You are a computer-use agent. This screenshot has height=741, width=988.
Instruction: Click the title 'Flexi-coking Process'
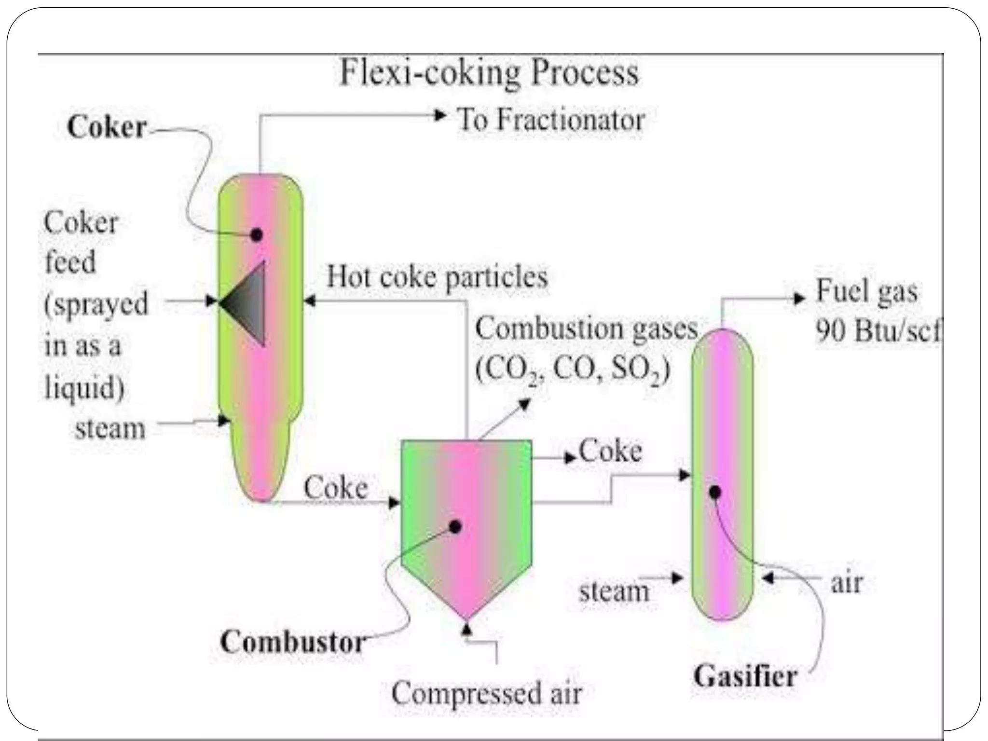489,73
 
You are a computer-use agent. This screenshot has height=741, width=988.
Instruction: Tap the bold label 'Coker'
107,127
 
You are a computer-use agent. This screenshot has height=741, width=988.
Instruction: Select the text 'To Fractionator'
550,120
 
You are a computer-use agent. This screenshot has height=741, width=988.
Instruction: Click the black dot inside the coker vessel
257,235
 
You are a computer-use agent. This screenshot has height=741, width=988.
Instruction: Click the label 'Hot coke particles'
437,277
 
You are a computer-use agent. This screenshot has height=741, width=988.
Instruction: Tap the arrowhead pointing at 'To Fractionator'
440,115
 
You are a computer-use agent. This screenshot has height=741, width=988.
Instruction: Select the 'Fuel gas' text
866,292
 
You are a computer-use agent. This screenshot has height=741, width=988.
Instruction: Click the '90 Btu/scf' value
877,331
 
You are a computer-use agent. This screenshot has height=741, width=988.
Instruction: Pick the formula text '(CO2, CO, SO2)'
573,370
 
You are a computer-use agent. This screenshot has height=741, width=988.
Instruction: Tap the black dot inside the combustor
455,526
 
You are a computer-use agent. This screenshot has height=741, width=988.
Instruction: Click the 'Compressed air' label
487,693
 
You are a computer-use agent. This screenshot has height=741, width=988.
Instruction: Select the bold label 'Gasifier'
745,676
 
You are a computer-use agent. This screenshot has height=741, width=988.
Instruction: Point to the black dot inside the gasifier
715,492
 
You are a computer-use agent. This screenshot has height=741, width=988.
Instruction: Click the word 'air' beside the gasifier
847,583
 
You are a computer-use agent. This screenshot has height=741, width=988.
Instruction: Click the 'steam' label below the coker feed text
110,428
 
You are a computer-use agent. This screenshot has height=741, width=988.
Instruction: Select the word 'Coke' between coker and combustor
336,487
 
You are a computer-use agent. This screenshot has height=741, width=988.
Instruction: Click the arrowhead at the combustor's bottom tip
467,628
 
